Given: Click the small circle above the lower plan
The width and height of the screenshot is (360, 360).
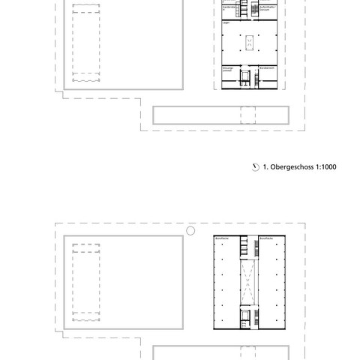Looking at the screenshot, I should pos(190,230).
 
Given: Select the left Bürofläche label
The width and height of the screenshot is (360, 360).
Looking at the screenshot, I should pos(222,238).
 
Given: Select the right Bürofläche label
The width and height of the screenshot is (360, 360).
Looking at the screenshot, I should pos(267,238).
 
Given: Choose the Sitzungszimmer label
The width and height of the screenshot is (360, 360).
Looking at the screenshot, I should pos(229,68).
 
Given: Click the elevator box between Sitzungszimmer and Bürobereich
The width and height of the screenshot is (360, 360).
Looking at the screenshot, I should pos(245,77).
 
